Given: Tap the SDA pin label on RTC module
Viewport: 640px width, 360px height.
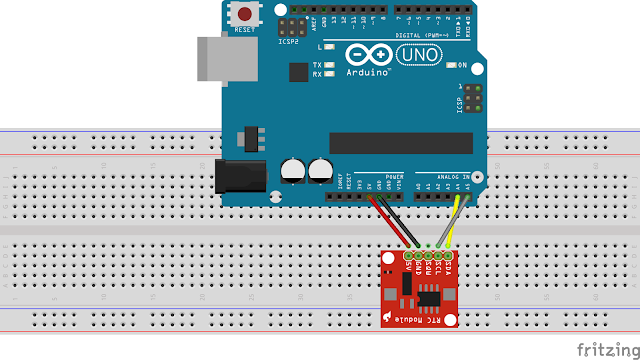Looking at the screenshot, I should tap(447, 265).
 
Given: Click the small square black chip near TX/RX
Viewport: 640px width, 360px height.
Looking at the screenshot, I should tap(297, 72).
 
